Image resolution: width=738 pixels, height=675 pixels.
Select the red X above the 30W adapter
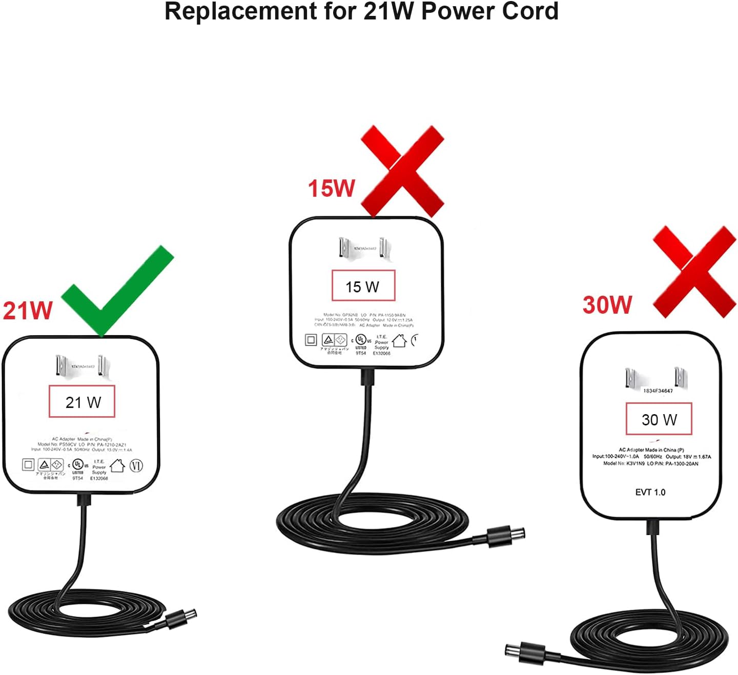694,272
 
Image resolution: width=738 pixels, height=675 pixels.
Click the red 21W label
28,311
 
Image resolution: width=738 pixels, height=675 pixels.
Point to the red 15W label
331,188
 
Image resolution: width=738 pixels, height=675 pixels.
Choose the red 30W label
607,304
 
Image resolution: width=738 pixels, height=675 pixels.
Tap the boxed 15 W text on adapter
363,286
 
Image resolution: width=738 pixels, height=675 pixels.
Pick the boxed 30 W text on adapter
659,419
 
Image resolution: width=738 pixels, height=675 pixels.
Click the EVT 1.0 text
650,492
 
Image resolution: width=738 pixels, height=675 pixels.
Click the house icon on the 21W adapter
117,465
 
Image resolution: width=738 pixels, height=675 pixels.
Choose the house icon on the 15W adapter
399,340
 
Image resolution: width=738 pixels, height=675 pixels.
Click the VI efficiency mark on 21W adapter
136,465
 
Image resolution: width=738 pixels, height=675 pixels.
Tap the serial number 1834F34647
658,391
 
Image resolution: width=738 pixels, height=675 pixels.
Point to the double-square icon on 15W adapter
311,340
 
